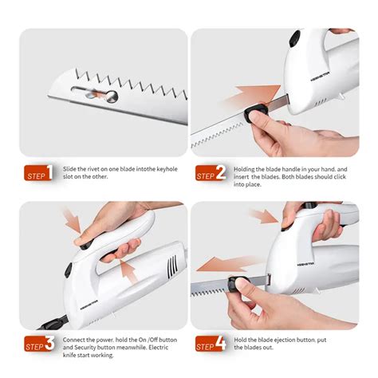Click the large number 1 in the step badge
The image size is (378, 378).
[x=49, y=172]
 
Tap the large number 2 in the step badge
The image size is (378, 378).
[x=221, y=172]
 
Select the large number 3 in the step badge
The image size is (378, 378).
[x=49, y=343]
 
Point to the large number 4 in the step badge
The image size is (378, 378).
[x=221, y=343]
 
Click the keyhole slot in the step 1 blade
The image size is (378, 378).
[x=95, y=94]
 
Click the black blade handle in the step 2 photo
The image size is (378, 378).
[x=254, y=112]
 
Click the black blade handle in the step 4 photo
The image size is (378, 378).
[x=238, y=283]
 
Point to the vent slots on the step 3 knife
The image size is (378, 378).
[x=172, y=267]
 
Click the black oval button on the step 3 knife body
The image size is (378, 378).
[x=68, y=270]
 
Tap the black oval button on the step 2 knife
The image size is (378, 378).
[x=294, y=39]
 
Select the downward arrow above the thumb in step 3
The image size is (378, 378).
[x=73, y=221]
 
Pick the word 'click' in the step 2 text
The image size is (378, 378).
[x=339, y=176]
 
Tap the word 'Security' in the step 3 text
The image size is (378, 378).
[x=85, y=348]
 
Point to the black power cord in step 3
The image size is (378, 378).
[x=52, y=322]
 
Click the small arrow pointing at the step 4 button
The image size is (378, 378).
[x=264, y=216]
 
